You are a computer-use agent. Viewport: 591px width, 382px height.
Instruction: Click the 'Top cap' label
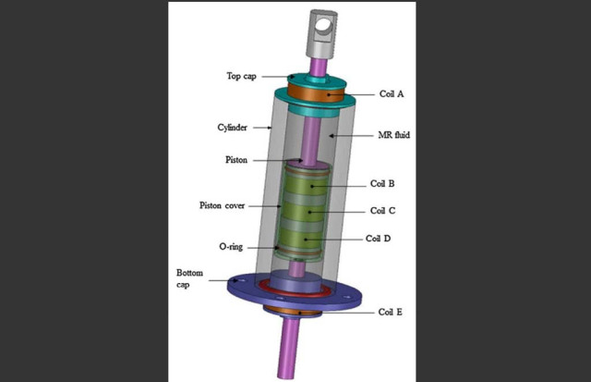coord(241,76)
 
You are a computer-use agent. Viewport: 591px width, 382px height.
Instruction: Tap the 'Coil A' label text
coord(392,93)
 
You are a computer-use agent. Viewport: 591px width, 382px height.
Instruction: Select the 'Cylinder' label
coord(232,128)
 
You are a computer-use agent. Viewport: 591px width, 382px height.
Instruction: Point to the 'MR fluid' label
coord(394,135)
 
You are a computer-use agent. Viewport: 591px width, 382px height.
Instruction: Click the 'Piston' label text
coord(236,160)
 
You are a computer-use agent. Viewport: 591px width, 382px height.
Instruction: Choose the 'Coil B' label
coord(382,183)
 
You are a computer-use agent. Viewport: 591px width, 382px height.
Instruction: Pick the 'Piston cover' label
coord(222,205)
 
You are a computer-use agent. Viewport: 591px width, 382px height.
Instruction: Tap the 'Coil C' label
coord(382,211)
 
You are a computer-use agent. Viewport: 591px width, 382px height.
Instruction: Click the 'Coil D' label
coord(378,239)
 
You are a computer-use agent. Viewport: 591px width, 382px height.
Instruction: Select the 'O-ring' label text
coord(231,247)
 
